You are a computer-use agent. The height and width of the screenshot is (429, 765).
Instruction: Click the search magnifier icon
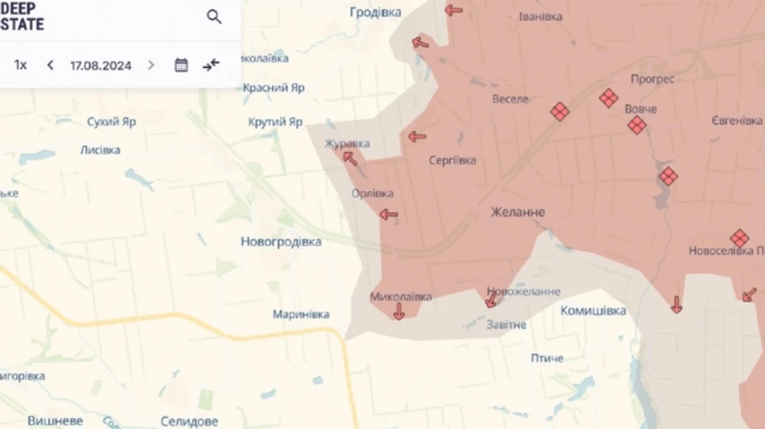pos(214,16)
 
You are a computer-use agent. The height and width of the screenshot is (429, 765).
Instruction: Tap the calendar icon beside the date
pos(181,65)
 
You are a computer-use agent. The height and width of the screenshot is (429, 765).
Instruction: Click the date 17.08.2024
pos(100,65)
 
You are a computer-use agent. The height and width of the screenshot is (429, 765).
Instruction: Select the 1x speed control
pos(20,65)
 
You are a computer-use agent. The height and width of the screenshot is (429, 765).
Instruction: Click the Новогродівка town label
pos(280,242)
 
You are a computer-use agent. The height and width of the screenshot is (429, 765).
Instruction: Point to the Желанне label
pos(518,212)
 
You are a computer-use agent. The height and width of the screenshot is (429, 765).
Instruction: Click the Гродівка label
pos(375,12)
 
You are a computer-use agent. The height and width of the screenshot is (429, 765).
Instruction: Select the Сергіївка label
pos(452,160)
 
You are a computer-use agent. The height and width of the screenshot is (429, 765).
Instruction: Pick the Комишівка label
pos(593,311)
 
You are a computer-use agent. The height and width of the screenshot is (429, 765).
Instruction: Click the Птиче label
pos(547,358)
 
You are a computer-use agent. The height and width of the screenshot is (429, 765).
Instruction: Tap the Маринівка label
pos(301,314)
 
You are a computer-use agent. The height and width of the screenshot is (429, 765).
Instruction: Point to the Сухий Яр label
pos(111,121)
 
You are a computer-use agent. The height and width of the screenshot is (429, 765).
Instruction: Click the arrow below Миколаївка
pos(399,312)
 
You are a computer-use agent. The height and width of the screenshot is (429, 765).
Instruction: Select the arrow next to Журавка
pos(349,157)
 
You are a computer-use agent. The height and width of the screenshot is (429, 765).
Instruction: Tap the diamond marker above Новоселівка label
pos(739,238)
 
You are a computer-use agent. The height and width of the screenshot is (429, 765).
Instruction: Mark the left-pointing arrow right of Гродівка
pos(453,10)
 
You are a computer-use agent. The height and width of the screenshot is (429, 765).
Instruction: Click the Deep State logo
pos(23,16)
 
